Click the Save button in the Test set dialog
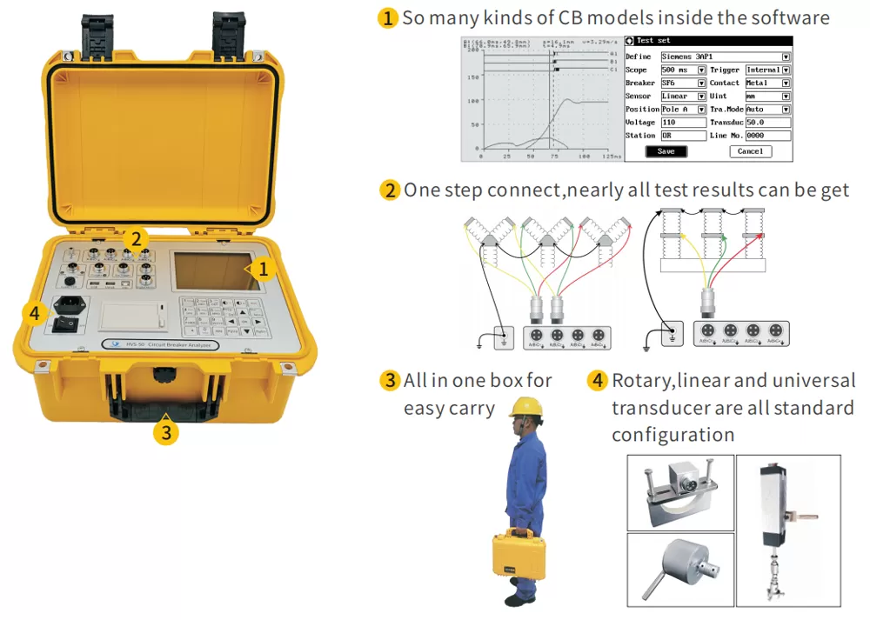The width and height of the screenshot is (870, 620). [666, 151]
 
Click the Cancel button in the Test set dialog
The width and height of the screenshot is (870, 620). [750, 151]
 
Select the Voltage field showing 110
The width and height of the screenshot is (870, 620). [683, 123]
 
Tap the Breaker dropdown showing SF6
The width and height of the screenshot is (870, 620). [683, 83]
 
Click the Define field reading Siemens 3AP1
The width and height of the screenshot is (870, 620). [725, 57]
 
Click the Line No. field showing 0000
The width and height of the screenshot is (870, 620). [766, 136]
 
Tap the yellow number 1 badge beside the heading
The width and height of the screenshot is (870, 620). [388, 18]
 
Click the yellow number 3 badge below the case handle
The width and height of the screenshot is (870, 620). [166, 430]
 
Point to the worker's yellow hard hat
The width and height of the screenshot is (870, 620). [525, 406]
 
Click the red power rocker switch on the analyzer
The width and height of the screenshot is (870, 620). [64, 324]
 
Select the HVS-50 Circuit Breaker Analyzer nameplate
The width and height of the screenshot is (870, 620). [161, 345]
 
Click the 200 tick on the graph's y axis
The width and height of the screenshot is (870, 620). [474, 50]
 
